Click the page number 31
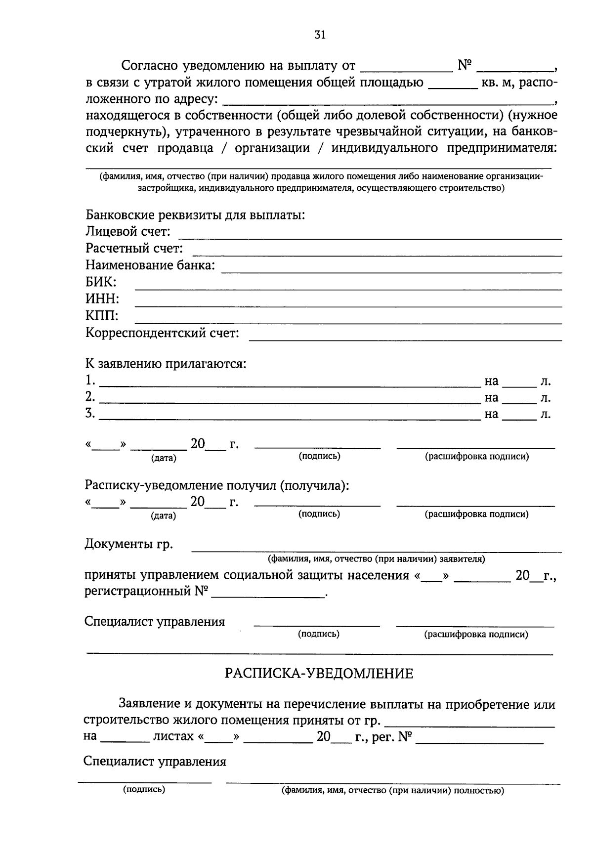320,35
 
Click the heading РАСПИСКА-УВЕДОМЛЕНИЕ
319,674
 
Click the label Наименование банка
150,265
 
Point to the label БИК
101,282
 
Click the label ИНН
102,299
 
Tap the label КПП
101,316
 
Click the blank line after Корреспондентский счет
405,339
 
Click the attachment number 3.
90,414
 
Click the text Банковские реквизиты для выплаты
195,215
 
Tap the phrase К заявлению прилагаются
166,364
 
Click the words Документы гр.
129,544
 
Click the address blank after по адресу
388,103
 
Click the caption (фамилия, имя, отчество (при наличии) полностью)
393,791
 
